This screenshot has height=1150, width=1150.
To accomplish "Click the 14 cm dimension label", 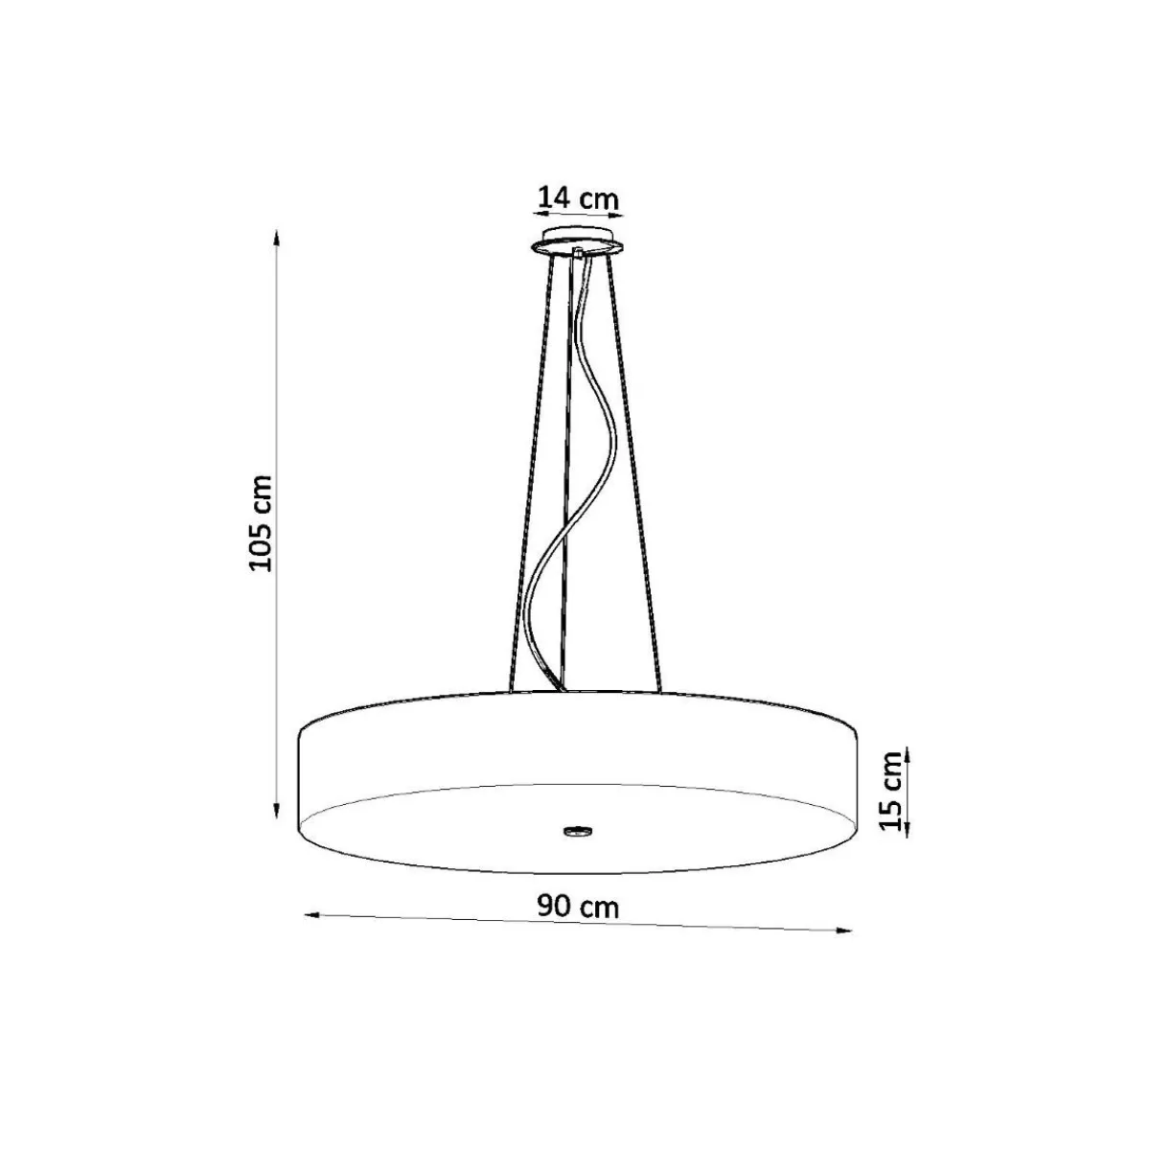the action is pos(578,197).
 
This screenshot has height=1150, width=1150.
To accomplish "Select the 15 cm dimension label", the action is pos(891,790).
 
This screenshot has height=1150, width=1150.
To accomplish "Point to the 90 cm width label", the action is pos(578,907).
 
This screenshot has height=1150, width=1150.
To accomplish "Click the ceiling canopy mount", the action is pos(577,241).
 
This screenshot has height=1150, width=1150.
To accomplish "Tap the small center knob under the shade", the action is pos(577,830).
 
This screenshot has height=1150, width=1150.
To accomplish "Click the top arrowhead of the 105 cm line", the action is pos(276,238).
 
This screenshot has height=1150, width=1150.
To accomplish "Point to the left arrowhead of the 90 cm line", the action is pos(312,931).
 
